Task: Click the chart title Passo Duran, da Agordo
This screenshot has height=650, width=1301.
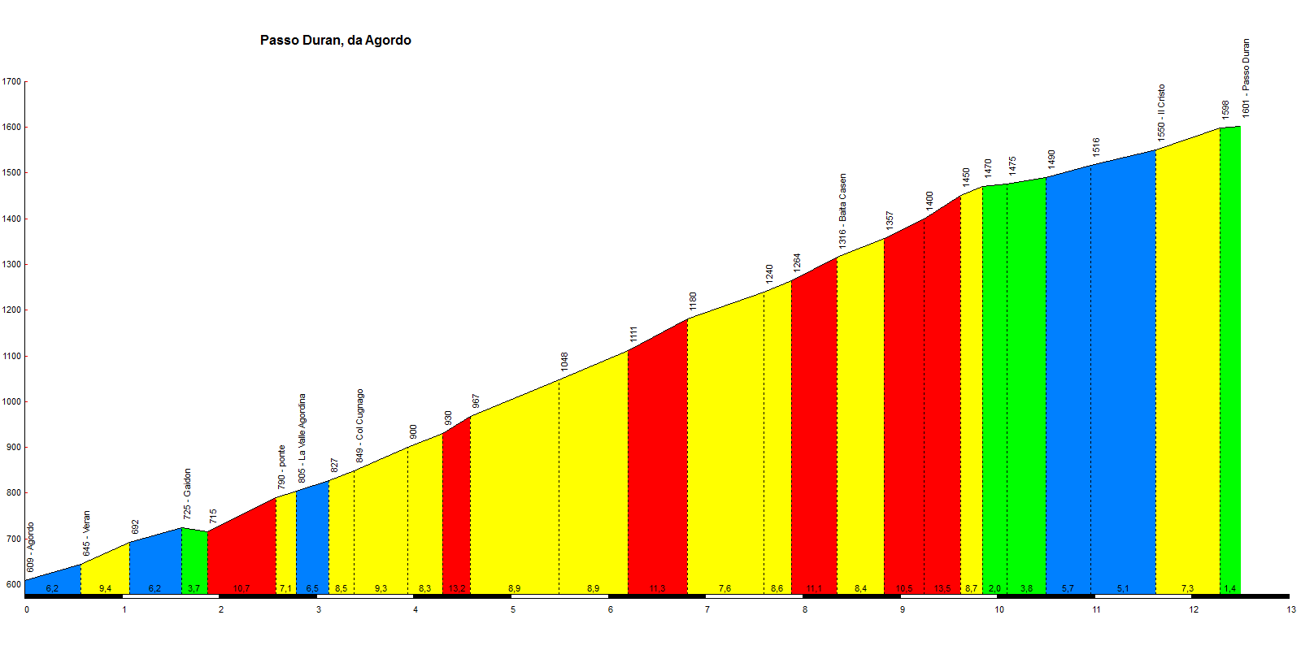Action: click(335, 41)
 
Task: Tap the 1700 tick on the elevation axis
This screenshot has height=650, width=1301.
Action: click(11, 82)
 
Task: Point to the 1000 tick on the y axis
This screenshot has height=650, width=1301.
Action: click(11, 402)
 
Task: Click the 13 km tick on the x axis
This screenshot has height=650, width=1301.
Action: click(1291, 609)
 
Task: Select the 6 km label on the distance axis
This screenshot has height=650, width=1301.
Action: click(611, 609)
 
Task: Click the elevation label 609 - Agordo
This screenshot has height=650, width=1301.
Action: click(31, 547)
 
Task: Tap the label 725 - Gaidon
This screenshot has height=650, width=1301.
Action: click(188, 494)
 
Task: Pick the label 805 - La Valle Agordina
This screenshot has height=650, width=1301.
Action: click(302, 438)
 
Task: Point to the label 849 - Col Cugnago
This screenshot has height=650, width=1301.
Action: click(360, 427)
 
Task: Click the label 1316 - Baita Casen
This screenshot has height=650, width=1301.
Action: click(843, 210)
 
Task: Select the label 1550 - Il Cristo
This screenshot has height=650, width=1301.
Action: click(1162, 111)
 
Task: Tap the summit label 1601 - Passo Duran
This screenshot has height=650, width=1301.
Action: click(1247, 78)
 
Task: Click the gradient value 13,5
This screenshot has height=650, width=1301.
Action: click(942, 588)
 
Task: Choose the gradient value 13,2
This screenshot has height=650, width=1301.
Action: click(457, 588)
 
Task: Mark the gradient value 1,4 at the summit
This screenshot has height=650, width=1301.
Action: click(1230, 588)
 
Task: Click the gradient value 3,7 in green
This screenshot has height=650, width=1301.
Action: click(194, 588)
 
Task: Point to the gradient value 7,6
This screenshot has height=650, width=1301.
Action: click(724, 588)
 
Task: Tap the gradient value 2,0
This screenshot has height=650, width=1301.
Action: click(994, 588)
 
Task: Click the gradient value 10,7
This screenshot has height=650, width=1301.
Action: click(241, 588)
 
